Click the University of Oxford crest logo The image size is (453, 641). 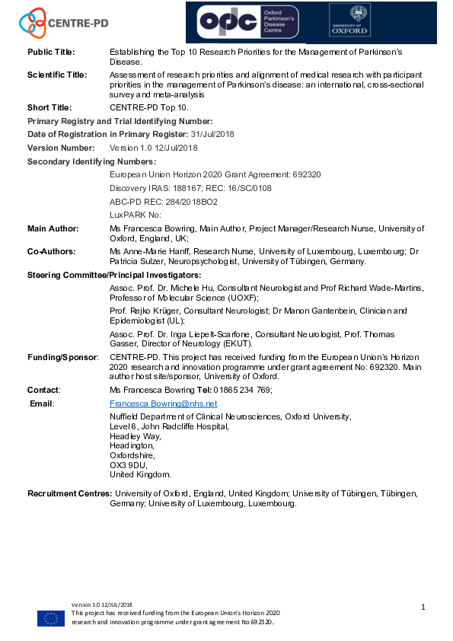tap(349, 21)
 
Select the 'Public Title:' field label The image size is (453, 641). tap(51, 52)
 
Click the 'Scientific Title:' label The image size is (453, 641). tap(57, 75)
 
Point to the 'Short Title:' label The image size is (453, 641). tap(49, 108)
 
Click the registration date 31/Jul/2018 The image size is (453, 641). tap(214, 134)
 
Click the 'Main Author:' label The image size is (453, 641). tap(53, 228)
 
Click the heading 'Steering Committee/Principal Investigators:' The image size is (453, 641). tap(114, 275)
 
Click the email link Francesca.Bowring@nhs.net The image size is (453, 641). tap(163, 403)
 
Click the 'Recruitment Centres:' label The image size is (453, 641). tap(69, 493)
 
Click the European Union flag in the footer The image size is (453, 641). tap(51, 618)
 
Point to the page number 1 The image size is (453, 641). tap(422, 607)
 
